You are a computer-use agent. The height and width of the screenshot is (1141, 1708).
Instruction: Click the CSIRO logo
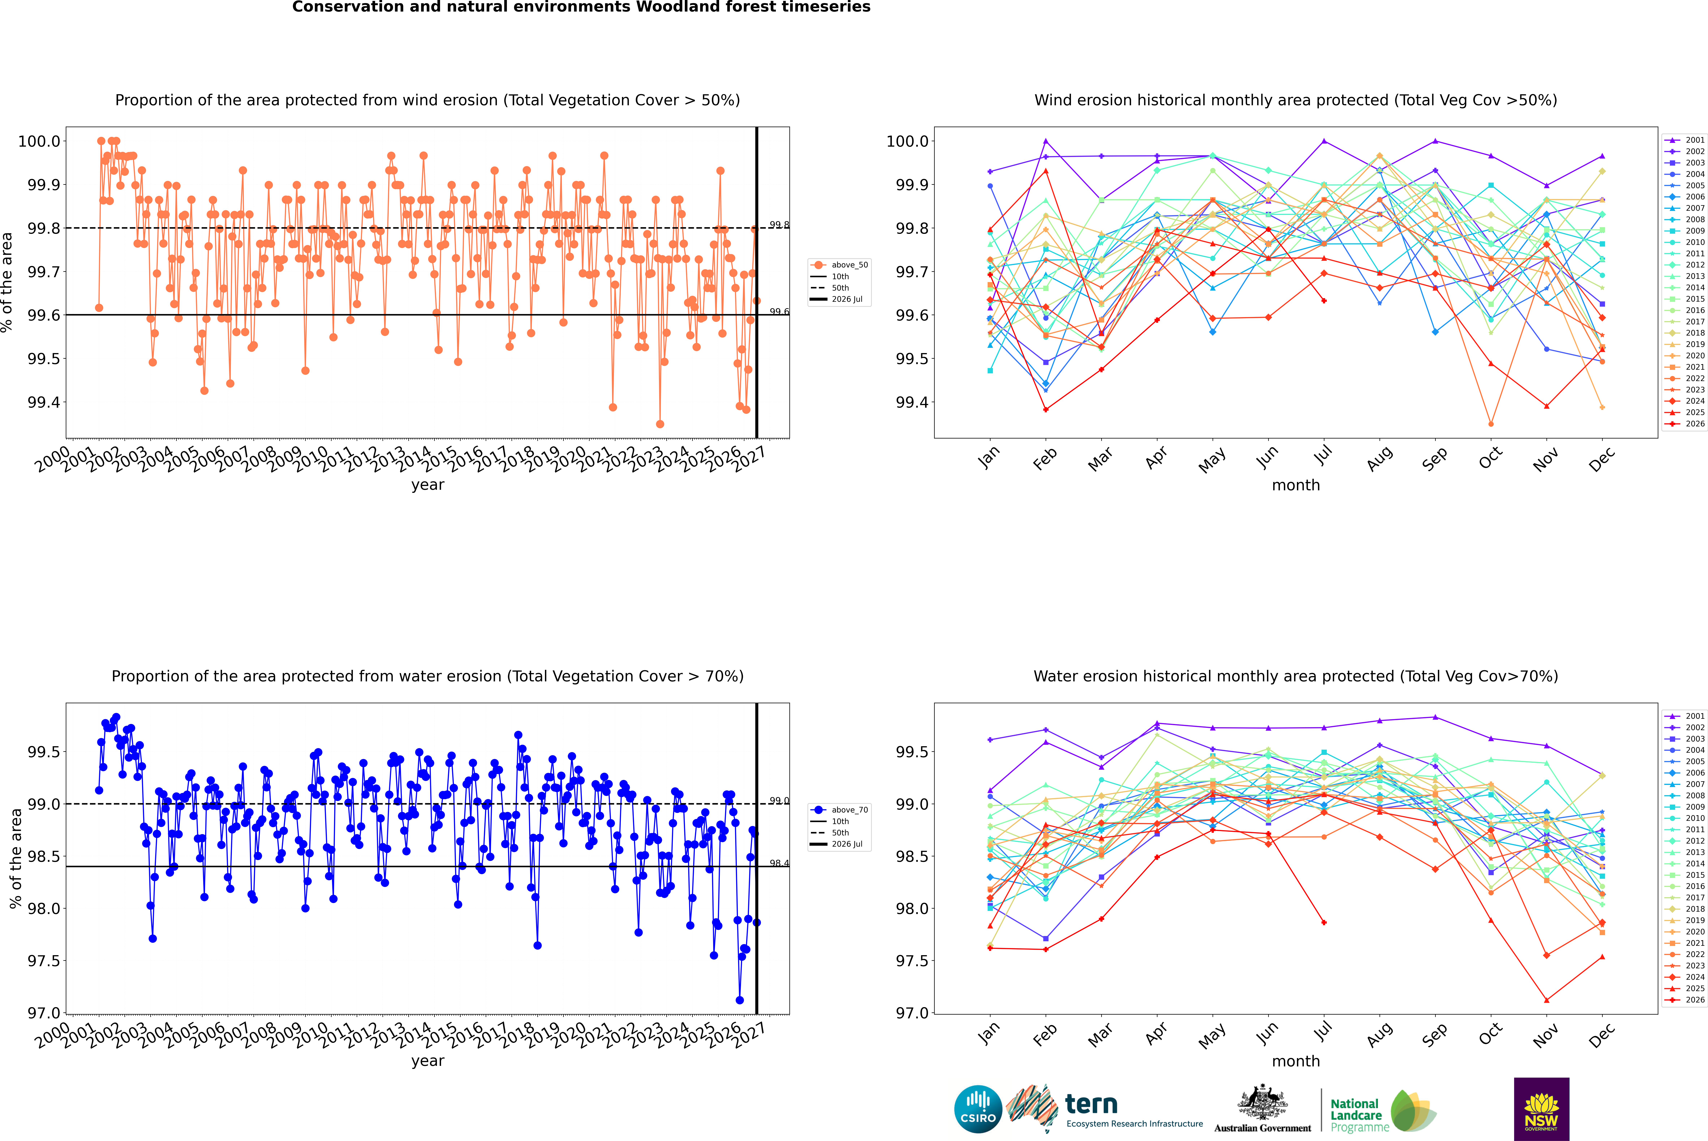pos(978,1109)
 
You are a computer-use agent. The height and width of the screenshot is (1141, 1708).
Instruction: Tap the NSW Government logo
pos(1541,1109)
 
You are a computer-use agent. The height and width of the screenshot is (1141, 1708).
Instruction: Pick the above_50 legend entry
pos(839,265)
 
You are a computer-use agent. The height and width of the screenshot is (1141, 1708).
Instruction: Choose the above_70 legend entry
pos(839,810)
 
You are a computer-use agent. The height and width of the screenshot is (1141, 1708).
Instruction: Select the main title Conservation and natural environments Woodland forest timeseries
pos(581,7)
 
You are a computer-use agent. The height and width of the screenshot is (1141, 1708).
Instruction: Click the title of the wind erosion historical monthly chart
pos(1296,100)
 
